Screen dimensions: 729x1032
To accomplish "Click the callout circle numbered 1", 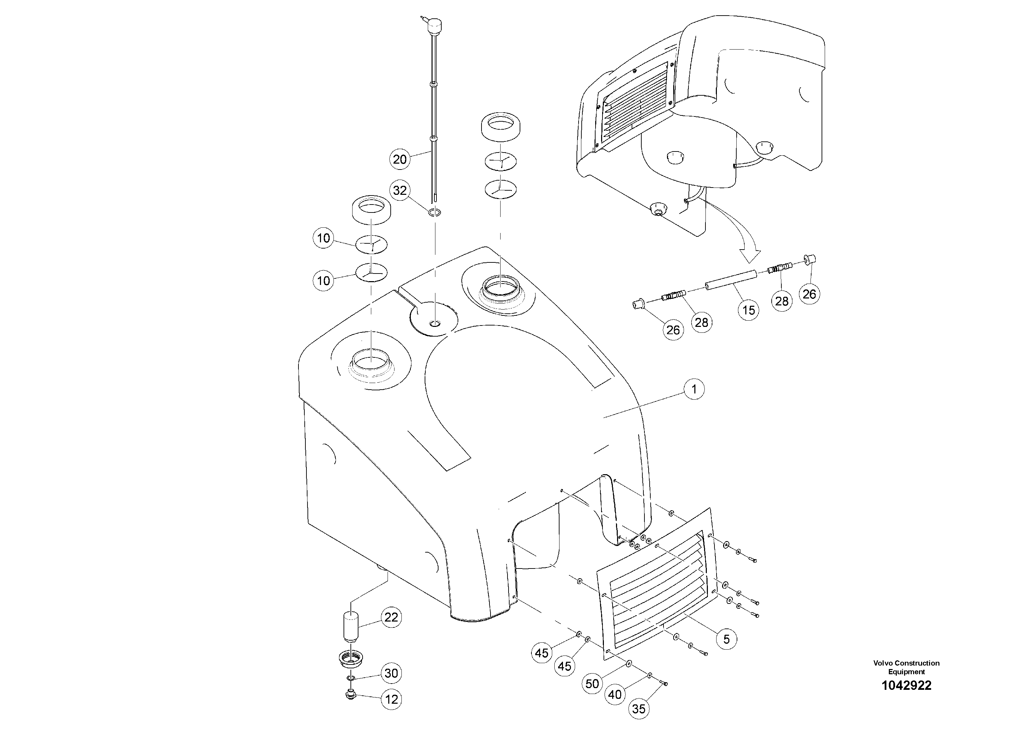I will [x=694, y=389].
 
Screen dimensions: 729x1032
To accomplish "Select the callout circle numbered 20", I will [x=400, y=159].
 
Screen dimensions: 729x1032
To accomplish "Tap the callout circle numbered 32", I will [x=400, y=191].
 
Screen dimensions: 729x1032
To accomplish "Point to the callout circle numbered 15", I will [x=748, y=310].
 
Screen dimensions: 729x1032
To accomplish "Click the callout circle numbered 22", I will [x=391, y=617].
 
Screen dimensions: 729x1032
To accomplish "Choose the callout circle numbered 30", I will [x=391, y=673].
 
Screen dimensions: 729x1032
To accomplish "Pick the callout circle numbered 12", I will [x=391, y=699].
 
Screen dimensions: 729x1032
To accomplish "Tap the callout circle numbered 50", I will [x=592, y=684].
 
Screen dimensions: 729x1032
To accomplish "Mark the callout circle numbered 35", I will [x=638, y=709].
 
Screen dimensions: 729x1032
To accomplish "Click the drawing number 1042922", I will [x=906, y=685].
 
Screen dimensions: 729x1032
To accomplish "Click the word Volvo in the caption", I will [x=882, y=663].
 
